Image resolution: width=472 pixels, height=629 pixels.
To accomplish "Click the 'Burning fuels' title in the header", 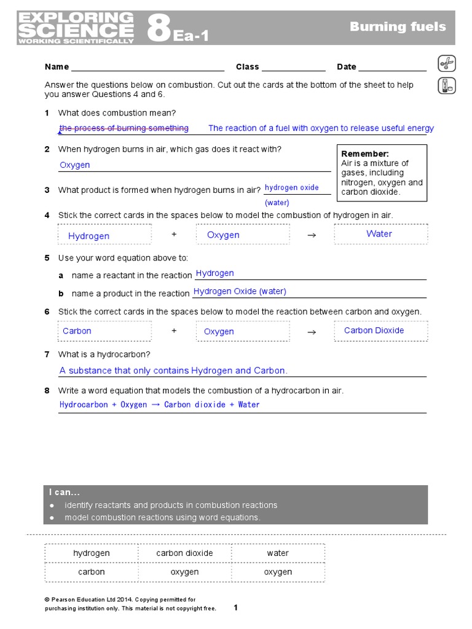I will [x=398, y=26].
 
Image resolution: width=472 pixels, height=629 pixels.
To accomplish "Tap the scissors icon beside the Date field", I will [x=446, y=63].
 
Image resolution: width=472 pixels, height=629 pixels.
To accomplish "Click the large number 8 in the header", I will [x=159, y=29].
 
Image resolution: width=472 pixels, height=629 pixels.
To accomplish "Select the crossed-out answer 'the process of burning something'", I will [x=124, y=128].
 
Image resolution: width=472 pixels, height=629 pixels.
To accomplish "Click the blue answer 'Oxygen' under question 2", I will [x=75, y=165].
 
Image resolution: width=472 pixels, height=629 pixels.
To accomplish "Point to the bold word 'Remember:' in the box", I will [x=365, y=154].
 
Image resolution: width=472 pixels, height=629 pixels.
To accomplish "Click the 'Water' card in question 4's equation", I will [x=379, y=233].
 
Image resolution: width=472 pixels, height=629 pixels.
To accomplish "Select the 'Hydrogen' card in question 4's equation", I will [x=89, y=236].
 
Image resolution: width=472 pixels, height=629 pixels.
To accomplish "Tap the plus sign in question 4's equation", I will [x=174, y=234].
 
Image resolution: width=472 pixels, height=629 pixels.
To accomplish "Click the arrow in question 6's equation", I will [x=311, y=332].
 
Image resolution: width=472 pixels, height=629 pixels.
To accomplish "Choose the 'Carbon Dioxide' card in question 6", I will [x=374, y=330].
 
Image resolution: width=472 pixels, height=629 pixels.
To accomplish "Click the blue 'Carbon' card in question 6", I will [x=77, y=331].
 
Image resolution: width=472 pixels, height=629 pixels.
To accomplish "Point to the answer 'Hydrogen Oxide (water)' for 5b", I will [x=240, y=291].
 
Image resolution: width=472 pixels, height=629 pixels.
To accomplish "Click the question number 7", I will [x=47, y=354].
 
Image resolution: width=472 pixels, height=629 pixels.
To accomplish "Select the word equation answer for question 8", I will [x=160, y=405].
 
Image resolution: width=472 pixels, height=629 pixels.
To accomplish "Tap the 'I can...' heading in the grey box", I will [x=65, y=493].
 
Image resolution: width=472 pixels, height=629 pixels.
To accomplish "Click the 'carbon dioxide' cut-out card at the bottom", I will [x=184, y=553].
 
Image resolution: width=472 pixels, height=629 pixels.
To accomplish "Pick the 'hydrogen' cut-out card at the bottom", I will [x=92, y=553].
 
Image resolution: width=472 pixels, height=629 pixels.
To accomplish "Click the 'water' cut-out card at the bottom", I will [x=278, y=553].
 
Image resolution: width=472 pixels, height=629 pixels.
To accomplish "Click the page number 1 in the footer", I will [x=235, y=608].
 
